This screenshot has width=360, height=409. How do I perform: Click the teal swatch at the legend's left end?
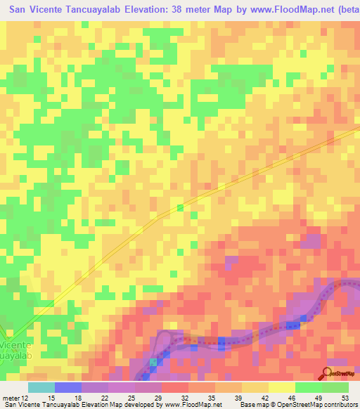click(x=41, y=387)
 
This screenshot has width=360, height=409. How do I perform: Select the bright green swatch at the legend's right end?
click(x=335, y=387)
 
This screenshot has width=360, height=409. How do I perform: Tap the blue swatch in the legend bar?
click(x=68, y=387)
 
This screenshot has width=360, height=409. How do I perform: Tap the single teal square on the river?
click(x=153, y=361)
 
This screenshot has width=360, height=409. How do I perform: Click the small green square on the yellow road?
click(x=180, y=207)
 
